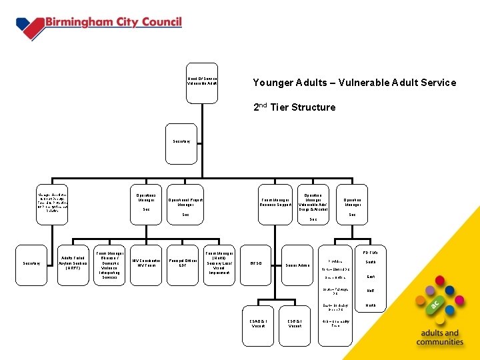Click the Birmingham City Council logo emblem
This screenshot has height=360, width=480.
pos(29,27)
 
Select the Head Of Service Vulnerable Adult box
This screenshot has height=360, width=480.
pos(201,83)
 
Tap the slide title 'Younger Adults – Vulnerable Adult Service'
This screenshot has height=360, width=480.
pos(354,83)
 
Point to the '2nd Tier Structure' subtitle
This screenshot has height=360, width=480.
pos(294,107)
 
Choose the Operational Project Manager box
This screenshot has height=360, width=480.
pos(185,203)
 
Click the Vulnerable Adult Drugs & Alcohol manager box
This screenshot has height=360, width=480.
pos(313,203)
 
